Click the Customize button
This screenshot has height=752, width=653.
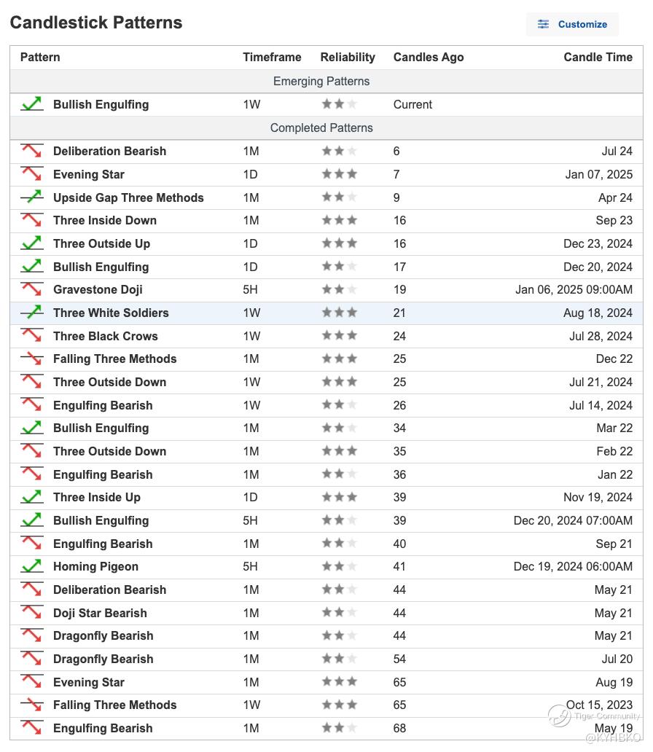[573, 24]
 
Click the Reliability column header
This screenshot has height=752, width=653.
[348, 58]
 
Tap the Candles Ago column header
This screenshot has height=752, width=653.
[429, 58]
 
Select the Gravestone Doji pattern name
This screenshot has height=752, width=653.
[98, 290]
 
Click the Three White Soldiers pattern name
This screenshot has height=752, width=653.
[111, 313]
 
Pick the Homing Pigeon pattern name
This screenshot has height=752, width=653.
[95, 567]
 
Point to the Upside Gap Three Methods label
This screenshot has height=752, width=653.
[128, 197]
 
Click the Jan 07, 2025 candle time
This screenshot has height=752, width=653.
[599, 175]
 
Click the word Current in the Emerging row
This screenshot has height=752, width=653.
[412, 105]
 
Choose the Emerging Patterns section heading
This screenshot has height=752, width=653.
[321, 82]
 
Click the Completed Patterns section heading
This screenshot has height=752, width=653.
[321, 128]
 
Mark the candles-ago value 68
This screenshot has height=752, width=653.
[400, 729]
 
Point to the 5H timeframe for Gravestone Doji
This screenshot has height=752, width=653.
[251, 290]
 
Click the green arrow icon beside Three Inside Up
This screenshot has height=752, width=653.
[31, 498]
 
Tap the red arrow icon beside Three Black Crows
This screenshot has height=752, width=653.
[31, 336]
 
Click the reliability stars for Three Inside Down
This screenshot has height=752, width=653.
[340, 221]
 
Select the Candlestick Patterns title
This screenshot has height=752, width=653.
[96, 23]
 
